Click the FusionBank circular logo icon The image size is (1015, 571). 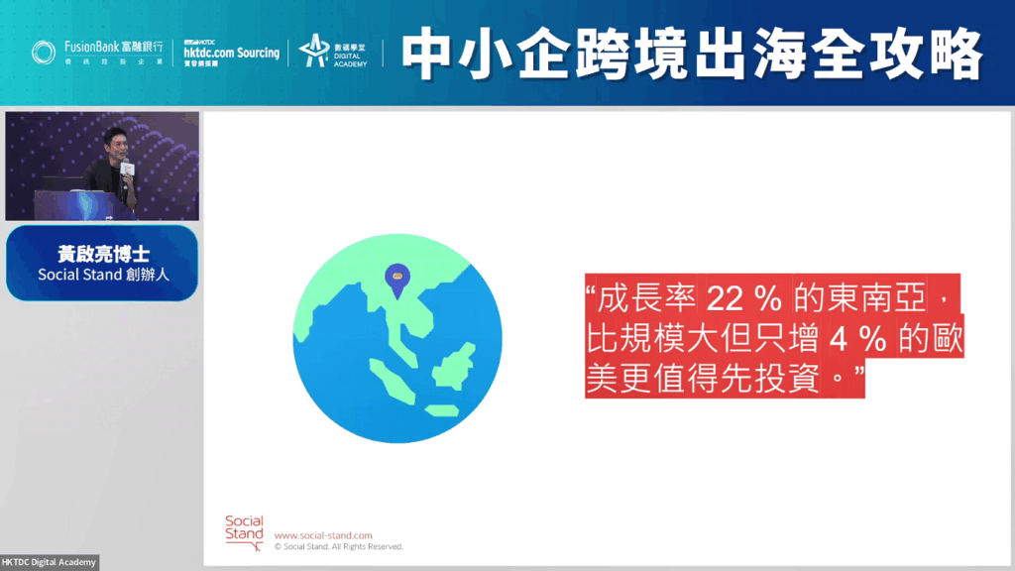[x=44, y=53]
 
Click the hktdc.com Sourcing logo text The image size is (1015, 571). [x=231, y=54]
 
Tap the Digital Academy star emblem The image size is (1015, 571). [x=314, y=51]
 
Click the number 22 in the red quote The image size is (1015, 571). [x=725, y=299]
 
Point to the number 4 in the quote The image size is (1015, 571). [x=839, y=339]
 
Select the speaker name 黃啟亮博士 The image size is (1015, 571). [x=103, y=253]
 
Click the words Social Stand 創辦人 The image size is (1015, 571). [x=103, y=275]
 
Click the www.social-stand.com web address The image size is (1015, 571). [x=323, y=535]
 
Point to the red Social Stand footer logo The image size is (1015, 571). [x=244, y=532]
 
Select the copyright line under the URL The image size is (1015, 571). [x=339, y=547]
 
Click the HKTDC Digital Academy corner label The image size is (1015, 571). [x=49, y=562]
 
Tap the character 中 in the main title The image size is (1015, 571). [x=426, y=54]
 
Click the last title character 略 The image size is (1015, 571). [x=957, y=54]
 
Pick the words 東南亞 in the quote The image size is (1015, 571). [x=874, y=299]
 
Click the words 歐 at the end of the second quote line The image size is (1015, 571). [x=947, y=339]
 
